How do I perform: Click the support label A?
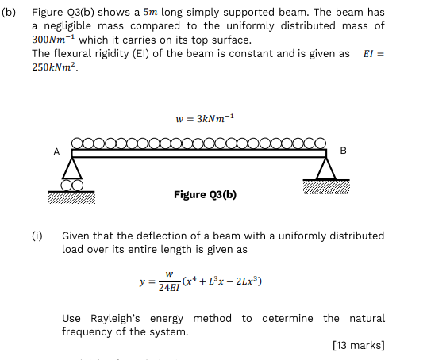pyautogui.click(x=56, y=151)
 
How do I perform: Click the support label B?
pyautogui.click(x=343, y=151)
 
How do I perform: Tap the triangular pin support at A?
pyautogui.click(x=72, y=168)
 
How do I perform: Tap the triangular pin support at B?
pyautogui.click(x=326, y=168)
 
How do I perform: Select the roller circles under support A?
pyautogui.click(x=72, y=186)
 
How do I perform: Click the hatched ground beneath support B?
pyautogui.click(x=326, y=187)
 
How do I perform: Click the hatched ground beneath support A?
pyautogui.click(x=71, y=197)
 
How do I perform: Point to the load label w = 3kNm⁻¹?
pyautogui.click(x=205, y=119)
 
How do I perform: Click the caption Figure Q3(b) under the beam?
pyautogui.click(x=205, y=194)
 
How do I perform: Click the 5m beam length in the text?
pyautogui.click(x=150, y=12)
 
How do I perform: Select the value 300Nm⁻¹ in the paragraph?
pyautogui.click(x=53, y=40)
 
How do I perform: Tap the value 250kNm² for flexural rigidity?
pyautogui.click(x=55, y=67)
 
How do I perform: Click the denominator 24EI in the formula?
pyautogui.click(x=169, y=287)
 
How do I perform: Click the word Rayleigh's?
pyautogui.click(x=115, y=318)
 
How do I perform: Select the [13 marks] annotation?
pyautogui.click(x=359, y=345)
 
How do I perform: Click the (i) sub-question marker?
pyautogui.click(x=37, y=236)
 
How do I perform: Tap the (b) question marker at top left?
pyautogui.click(x=9, y=13)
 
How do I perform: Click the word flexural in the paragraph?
pyautogui.click(x=72, y=53)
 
